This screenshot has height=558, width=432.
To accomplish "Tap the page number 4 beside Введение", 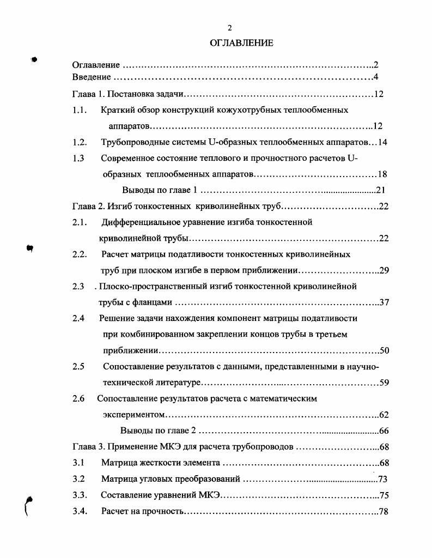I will [x=376, y=77].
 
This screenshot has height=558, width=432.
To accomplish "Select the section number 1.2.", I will [x=80, y=143].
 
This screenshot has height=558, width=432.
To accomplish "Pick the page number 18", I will [x=382, y=175].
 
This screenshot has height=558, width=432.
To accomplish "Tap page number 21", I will [x=381, y=191].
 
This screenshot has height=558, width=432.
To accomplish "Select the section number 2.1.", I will [x=80, y=222].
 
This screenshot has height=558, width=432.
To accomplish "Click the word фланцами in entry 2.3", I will [x=156, y=302].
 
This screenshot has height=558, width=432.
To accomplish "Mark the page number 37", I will [x=384, y=302].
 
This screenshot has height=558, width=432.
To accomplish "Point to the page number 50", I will [x=384, y=350].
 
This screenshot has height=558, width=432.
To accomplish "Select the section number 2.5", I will [x=78, y=366].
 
